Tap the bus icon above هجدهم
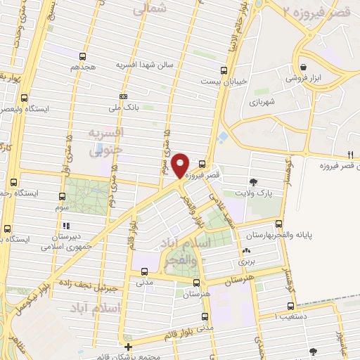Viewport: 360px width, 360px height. tap(83, 56)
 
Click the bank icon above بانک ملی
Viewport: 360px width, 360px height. tap(124, 96)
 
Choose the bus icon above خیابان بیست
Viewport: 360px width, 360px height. tap(224, 70)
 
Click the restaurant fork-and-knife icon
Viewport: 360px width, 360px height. tap(349, 155)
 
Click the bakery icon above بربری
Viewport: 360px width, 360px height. tap(245, 250)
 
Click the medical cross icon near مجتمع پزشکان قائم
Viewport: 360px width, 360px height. tap(127, 347)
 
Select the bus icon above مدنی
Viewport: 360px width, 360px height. tap(144, 271)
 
